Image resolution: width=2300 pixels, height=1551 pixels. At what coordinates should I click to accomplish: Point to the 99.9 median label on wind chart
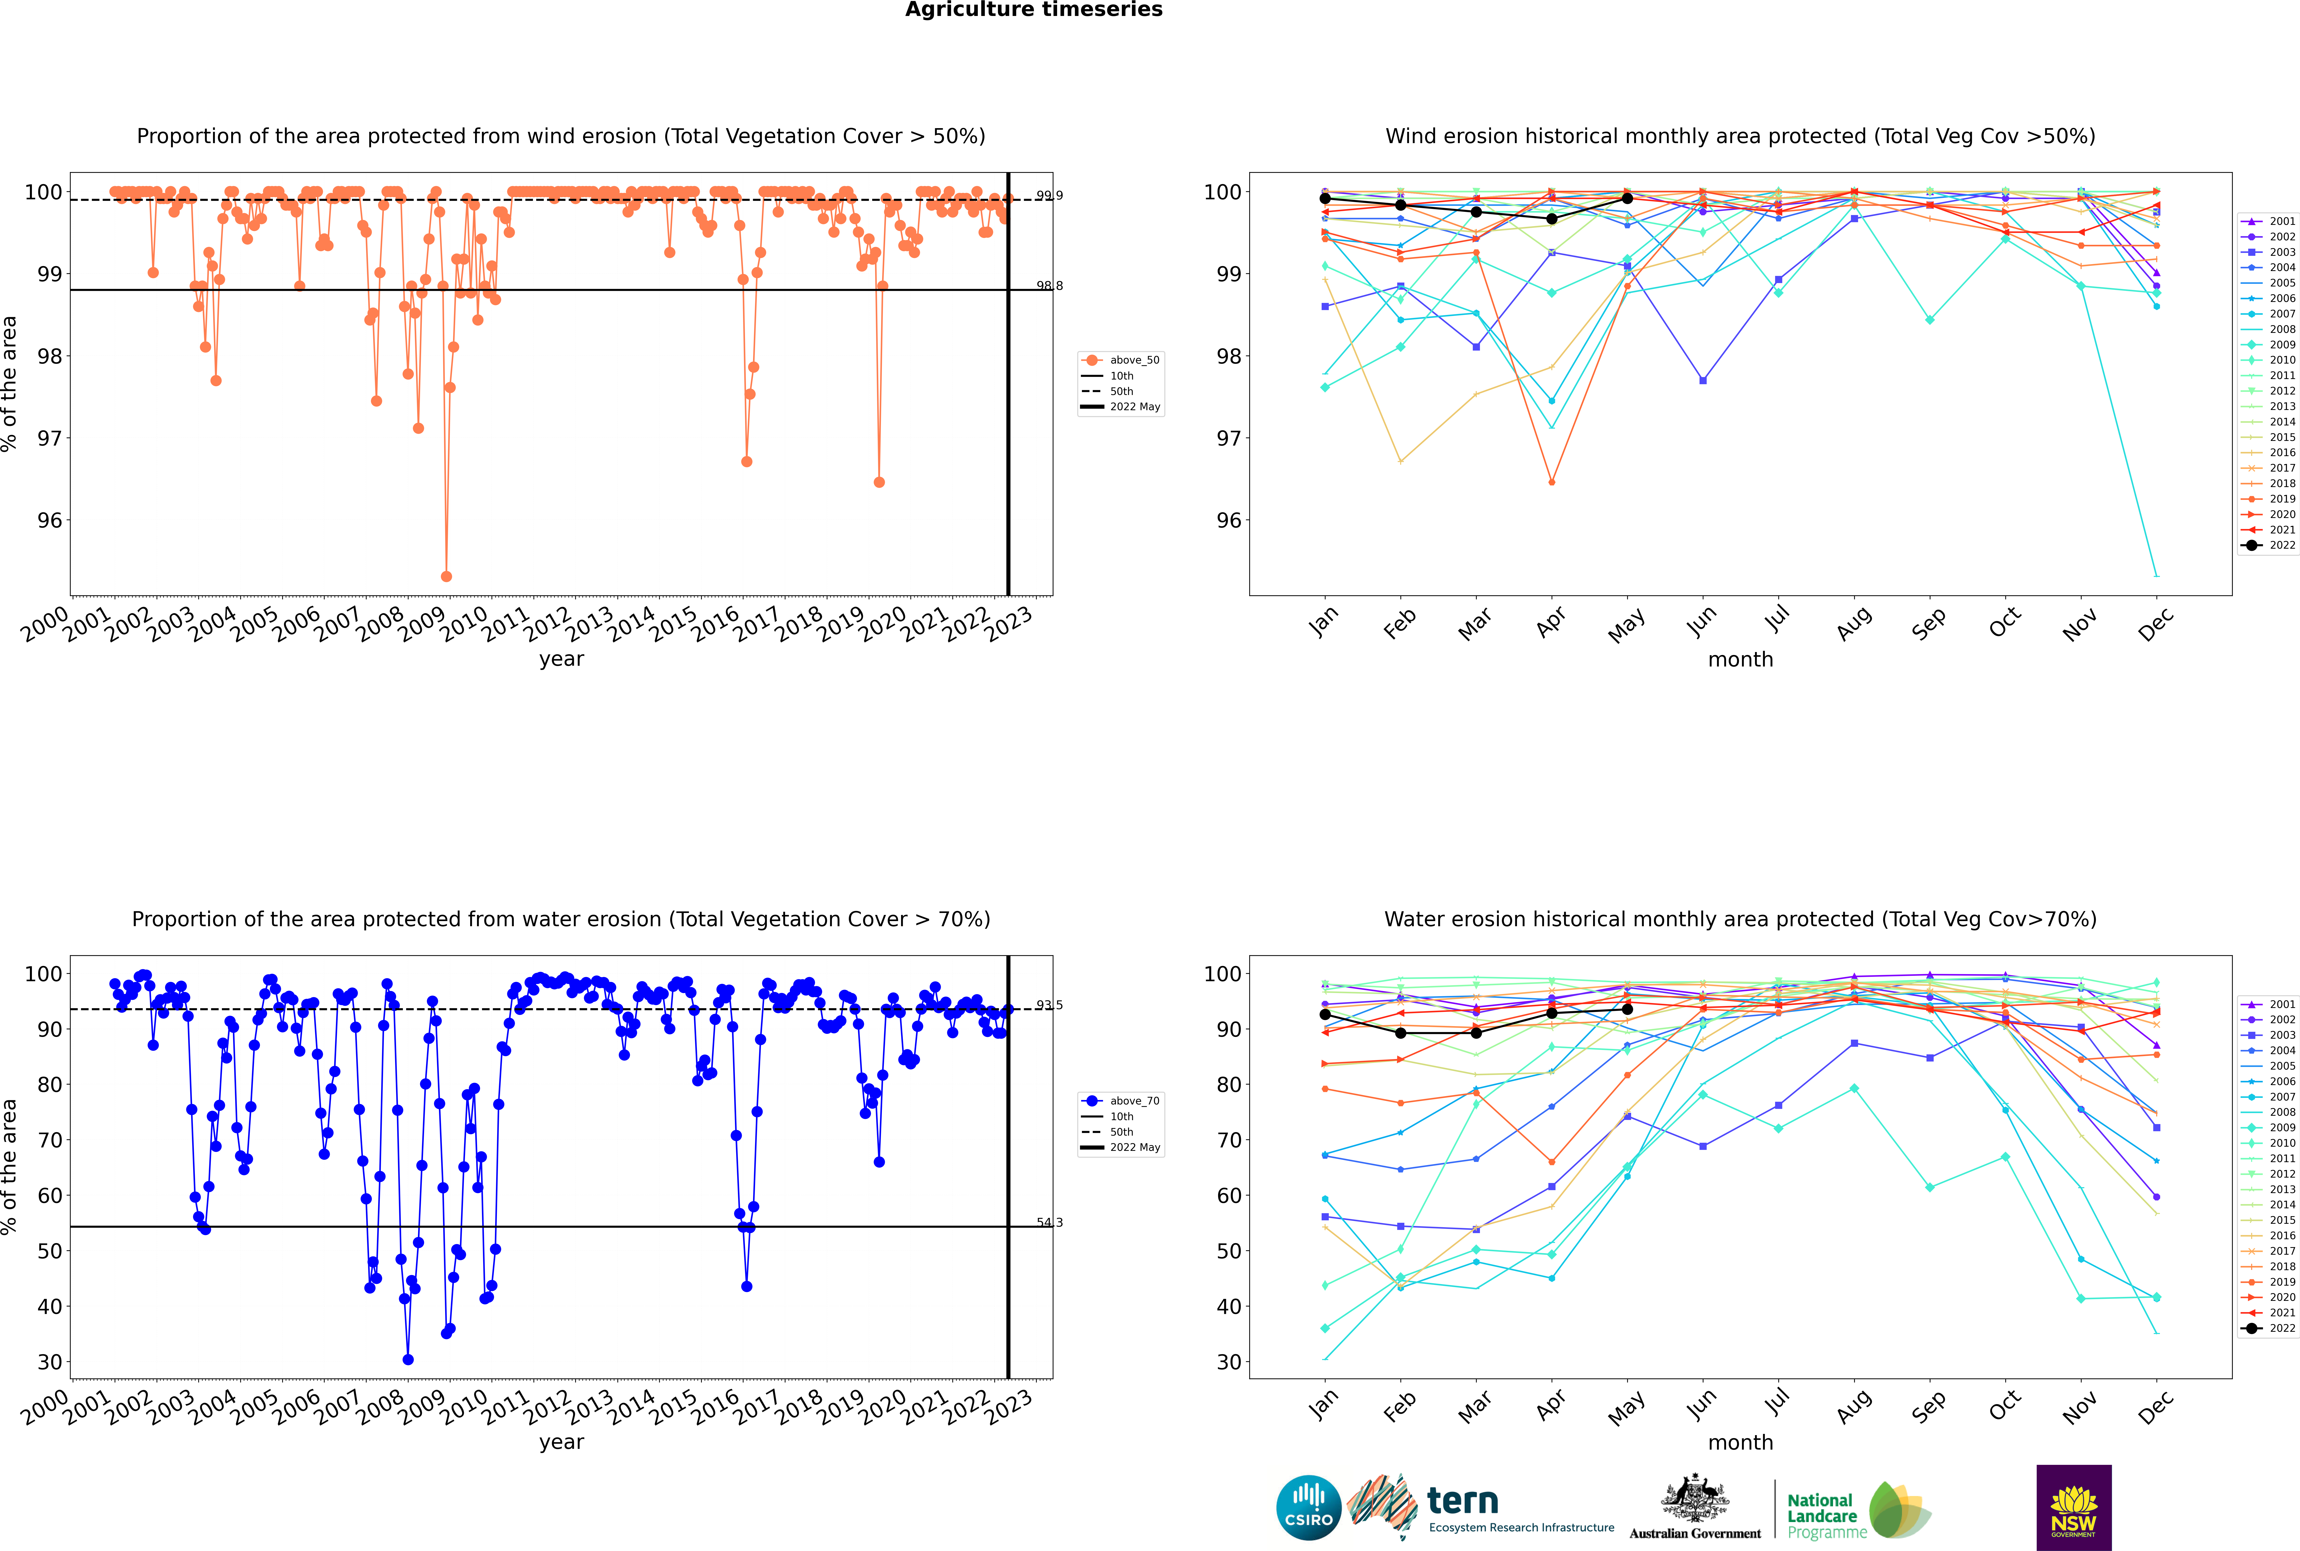click(x=1049, y=196)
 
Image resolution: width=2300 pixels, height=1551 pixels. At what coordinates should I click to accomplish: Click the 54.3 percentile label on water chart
click(x=1049, y=1223)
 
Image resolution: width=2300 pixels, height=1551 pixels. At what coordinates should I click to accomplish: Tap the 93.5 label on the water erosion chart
click(x=1049, y=1005)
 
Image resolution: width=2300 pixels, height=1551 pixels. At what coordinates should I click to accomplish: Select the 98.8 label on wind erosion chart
click(x=1049, y=286)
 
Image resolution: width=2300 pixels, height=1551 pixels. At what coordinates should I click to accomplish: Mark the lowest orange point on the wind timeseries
click(x=446, y=577)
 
